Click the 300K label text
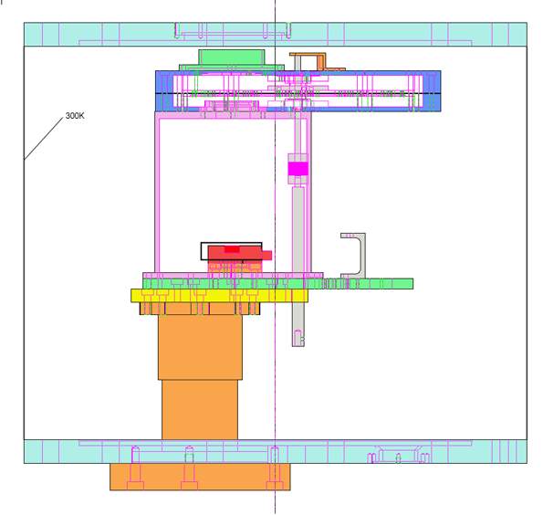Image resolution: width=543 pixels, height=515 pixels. tap(75, 116)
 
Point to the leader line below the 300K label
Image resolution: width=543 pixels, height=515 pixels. tap(44, 138)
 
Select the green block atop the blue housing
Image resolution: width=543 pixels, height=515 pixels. tap(232, 58)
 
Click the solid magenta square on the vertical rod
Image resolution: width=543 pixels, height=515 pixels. tap(298, 169)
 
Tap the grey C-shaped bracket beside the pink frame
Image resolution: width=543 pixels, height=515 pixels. tap(361, 256)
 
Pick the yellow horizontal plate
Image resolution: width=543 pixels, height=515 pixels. tap(219, 296)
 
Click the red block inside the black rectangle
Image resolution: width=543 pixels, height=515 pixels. tap(235, 253)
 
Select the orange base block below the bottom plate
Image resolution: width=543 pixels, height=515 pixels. tap(200, 477)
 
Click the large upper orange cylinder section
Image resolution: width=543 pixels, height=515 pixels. tap(200, 347)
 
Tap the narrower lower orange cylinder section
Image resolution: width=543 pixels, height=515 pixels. tap(200, 410)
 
